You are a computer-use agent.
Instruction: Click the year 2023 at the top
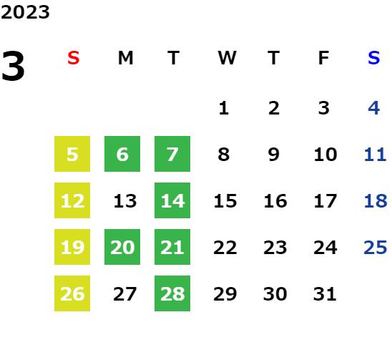click(25, 12)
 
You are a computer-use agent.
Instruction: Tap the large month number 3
click(13, 66)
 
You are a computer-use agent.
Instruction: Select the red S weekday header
click(74, 58)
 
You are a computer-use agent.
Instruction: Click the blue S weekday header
click(373, 58)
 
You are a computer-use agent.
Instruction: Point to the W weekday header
click(227, 58)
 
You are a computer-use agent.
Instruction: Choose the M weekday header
click(125, 58)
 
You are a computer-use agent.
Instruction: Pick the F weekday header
click(324, 58)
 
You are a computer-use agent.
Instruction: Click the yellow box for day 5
click(72, 154)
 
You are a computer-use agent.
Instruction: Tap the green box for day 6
click(122, 154)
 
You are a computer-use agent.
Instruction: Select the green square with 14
click(172, 200)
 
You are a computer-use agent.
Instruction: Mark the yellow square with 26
click(72, 293)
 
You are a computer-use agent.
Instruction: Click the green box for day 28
click(172, 293)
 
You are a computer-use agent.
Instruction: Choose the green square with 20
click(122, 247)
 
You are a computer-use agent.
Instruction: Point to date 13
click(125, 201)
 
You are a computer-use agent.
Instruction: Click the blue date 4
click(374, 108)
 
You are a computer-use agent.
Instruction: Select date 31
click(325, 294)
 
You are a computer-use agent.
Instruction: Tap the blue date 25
click(376, 248)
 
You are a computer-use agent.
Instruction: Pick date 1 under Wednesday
click(224, 108)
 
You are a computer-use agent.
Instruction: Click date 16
click(275, 201)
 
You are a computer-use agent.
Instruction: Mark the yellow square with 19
click(72, 247)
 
